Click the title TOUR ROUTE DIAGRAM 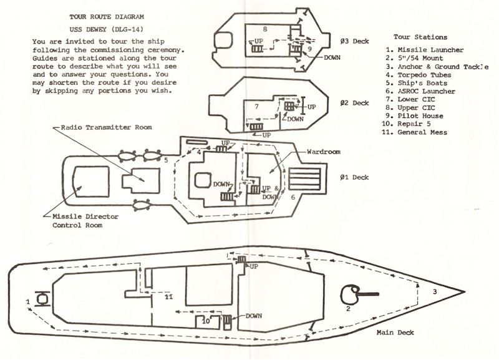click(107, 17)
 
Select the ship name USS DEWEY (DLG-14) click(106, 29)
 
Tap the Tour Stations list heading click(420, 37)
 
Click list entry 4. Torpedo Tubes click(419, 75)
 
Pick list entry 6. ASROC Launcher click(420, 91)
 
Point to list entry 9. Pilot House click(414, 116)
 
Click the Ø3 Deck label click(354, 41)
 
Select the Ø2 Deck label click(354, 103)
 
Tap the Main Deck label click(395, 333)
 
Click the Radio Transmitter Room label click(106, 127)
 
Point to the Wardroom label click(324, 152)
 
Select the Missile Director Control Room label click(85, 221)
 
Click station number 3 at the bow click(435, 291)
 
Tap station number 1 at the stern click(28, 301)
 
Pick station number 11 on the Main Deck click(168, 297)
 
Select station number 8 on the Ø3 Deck click(264, 29)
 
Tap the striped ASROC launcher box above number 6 click(304, 180)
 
